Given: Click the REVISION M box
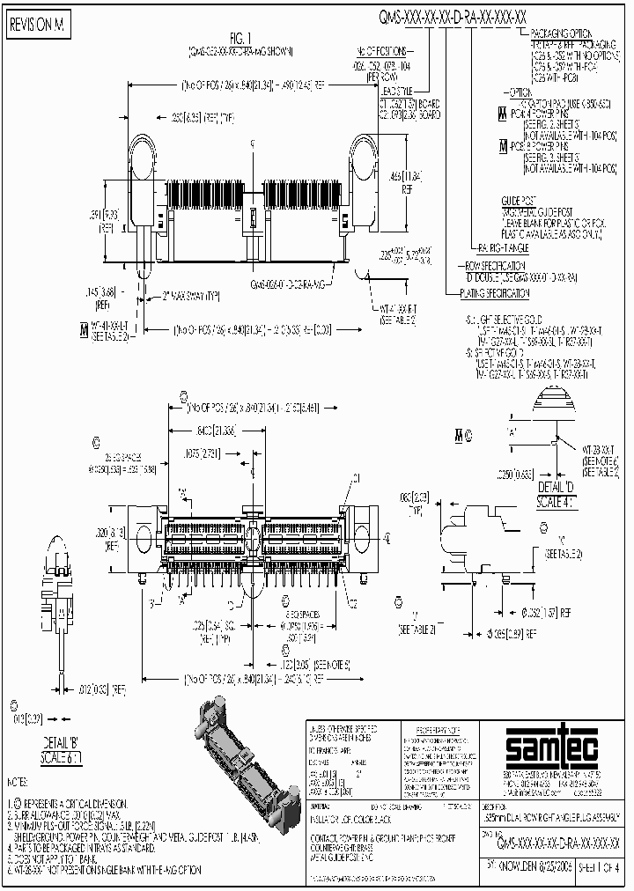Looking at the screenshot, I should (x=37, y=26).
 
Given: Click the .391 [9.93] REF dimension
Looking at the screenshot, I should (x=107, y=220).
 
